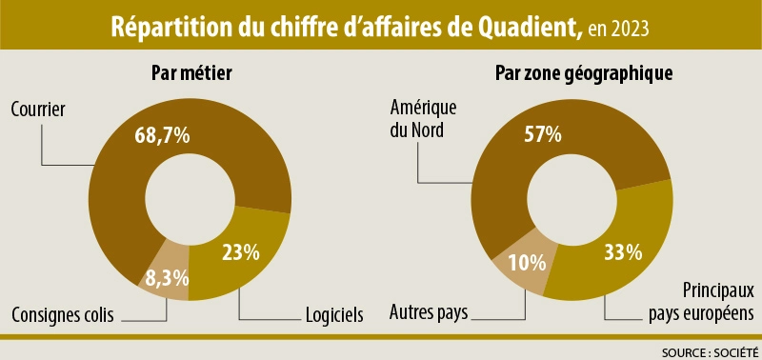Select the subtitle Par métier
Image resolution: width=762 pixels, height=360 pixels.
[191, 73]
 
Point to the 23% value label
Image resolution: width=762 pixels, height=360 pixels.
[240, 252]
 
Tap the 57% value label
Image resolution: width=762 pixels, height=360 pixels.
[543, 134]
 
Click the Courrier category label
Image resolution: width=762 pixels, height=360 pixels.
[37, 110]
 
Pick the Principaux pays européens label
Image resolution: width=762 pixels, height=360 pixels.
[701, 300]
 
